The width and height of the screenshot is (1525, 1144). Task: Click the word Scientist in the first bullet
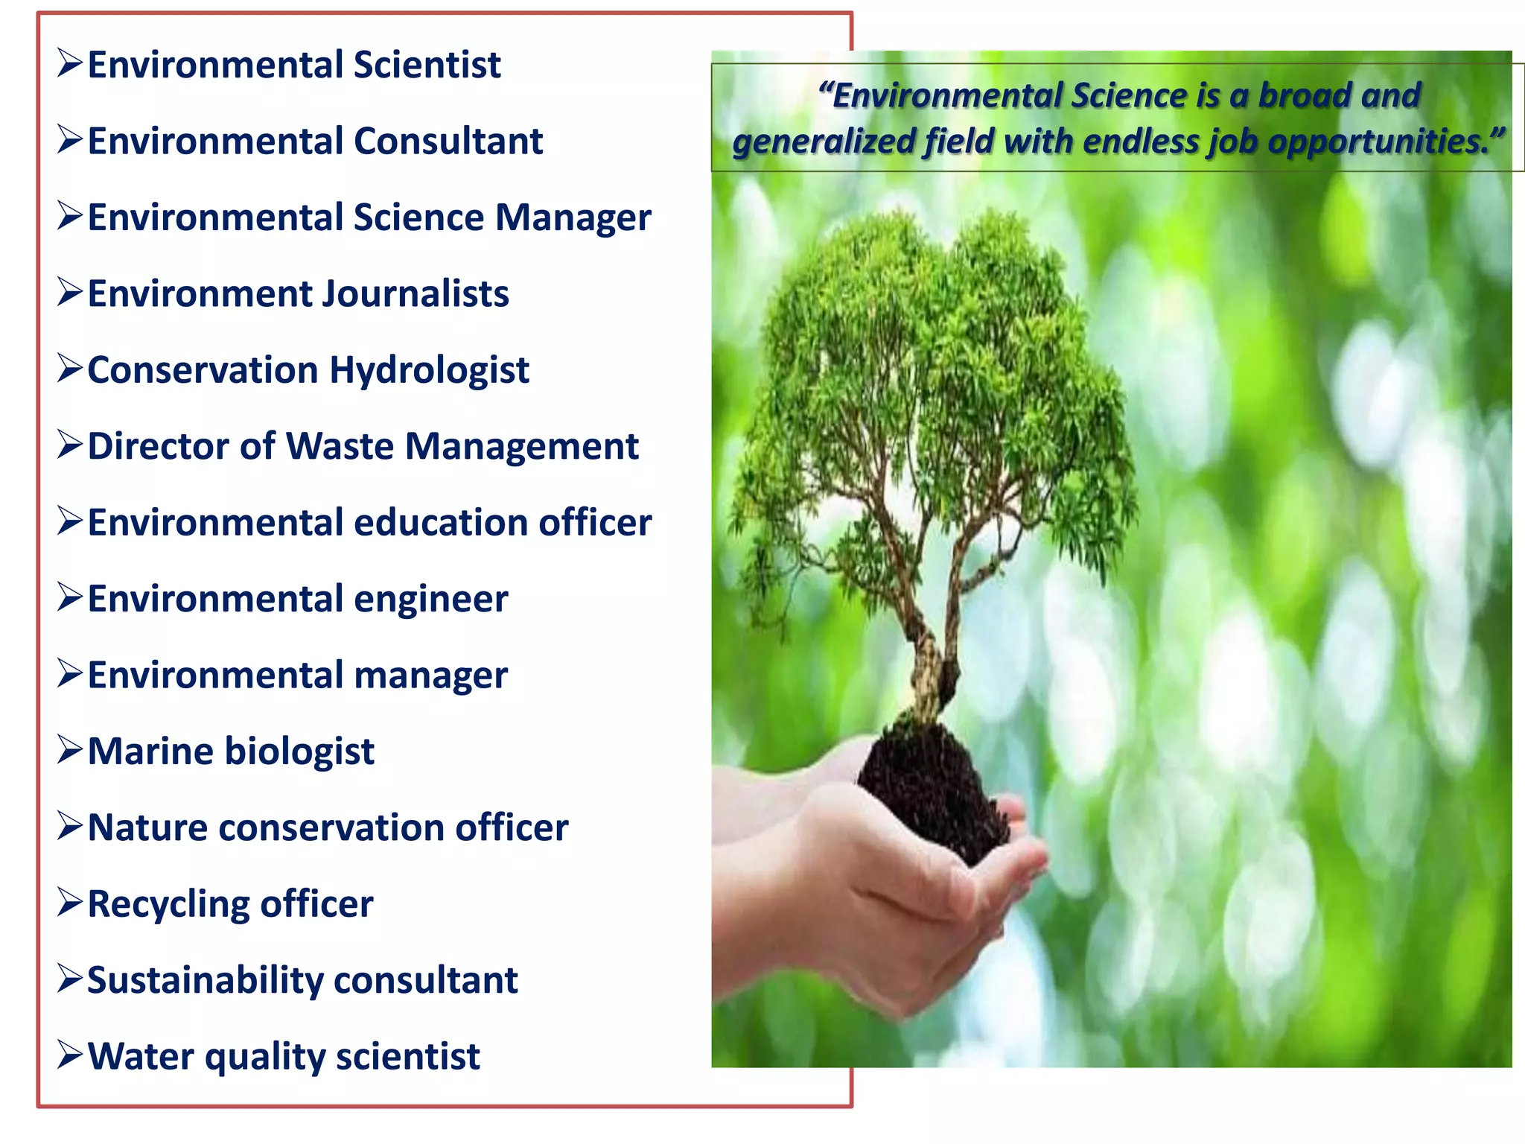427,65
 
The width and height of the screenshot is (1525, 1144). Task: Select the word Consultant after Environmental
448,142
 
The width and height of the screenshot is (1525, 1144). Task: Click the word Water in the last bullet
140,1057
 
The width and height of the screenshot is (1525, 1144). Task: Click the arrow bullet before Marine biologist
70,750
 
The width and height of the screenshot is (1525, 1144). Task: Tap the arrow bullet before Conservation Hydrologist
70,369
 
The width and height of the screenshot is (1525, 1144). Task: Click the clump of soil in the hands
931,789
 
